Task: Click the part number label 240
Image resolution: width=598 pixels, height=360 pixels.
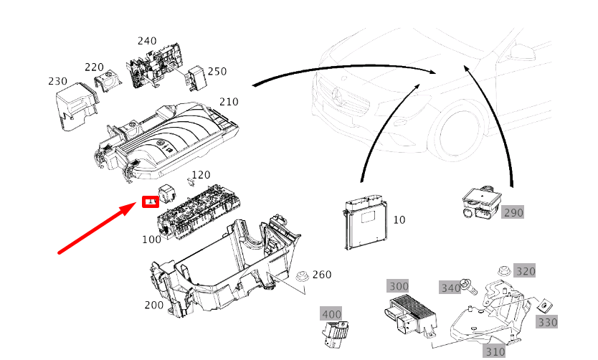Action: [x=147, y=42]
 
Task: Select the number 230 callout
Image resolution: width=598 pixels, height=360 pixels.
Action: [x=58, y=81]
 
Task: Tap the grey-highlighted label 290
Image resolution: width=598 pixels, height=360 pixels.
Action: [x=513, y=212]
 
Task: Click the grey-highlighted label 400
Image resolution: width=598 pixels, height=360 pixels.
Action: [x=331, y=314]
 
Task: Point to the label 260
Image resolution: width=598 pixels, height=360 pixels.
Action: [x=322, y=275]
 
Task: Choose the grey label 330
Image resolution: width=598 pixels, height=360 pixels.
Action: [x=547, y=323]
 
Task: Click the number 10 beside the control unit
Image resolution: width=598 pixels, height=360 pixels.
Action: [x=399, y=219]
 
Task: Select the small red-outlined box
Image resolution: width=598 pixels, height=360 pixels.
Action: [x=151, y=202]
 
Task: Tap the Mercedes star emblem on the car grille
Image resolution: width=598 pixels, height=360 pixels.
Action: [x=339, y=97]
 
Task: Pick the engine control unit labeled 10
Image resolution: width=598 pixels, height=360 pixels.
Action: [x=365, y=221]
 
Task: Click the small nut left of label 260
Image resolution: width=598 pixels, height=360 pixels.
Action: [x=303, y=276]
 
